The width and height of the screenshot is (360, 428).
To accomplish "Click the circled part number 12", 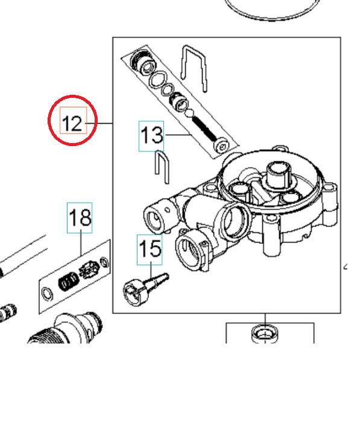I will coord(72,124).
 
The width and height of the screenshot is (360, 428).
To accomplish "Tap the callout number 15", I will coord(150,249).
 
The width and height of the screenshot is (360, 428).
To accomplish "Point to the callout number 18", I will coord(79,217).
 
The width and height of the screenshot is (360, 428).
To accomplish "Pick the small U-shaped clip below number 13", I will coord(162,165).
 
